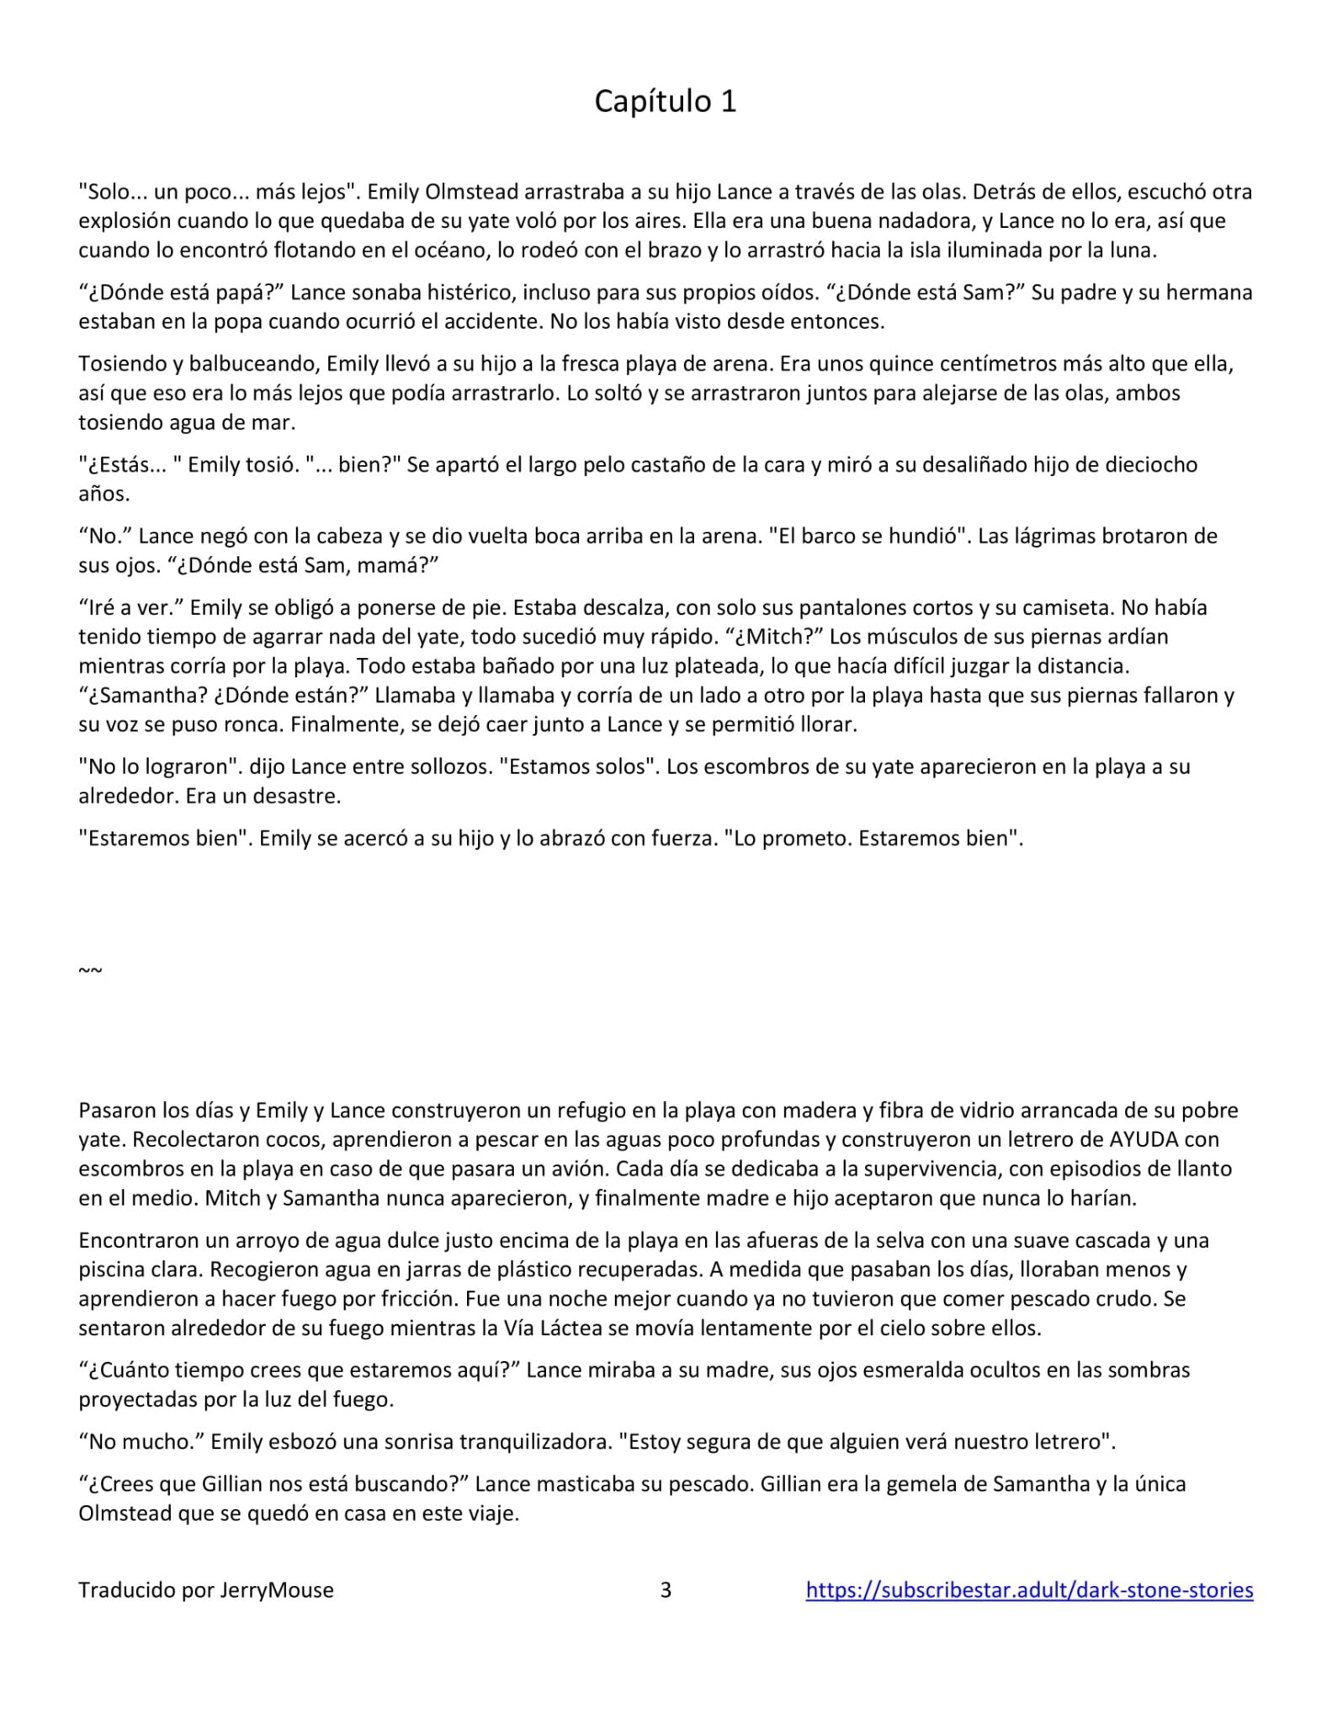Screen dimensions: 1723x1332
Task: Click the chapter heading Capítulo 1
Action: (x=665, y=101)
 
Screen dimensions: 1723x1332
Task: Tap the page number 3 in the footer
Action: (x=666, y=1589)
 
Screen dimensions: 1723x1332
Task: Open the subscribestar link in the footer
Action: (x=1029, y=1589)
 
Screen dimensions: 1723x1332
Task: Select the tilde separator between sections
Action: (x=90, y=970)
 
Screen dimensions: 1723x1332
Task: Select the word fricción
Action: (x=418, y=1299)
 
